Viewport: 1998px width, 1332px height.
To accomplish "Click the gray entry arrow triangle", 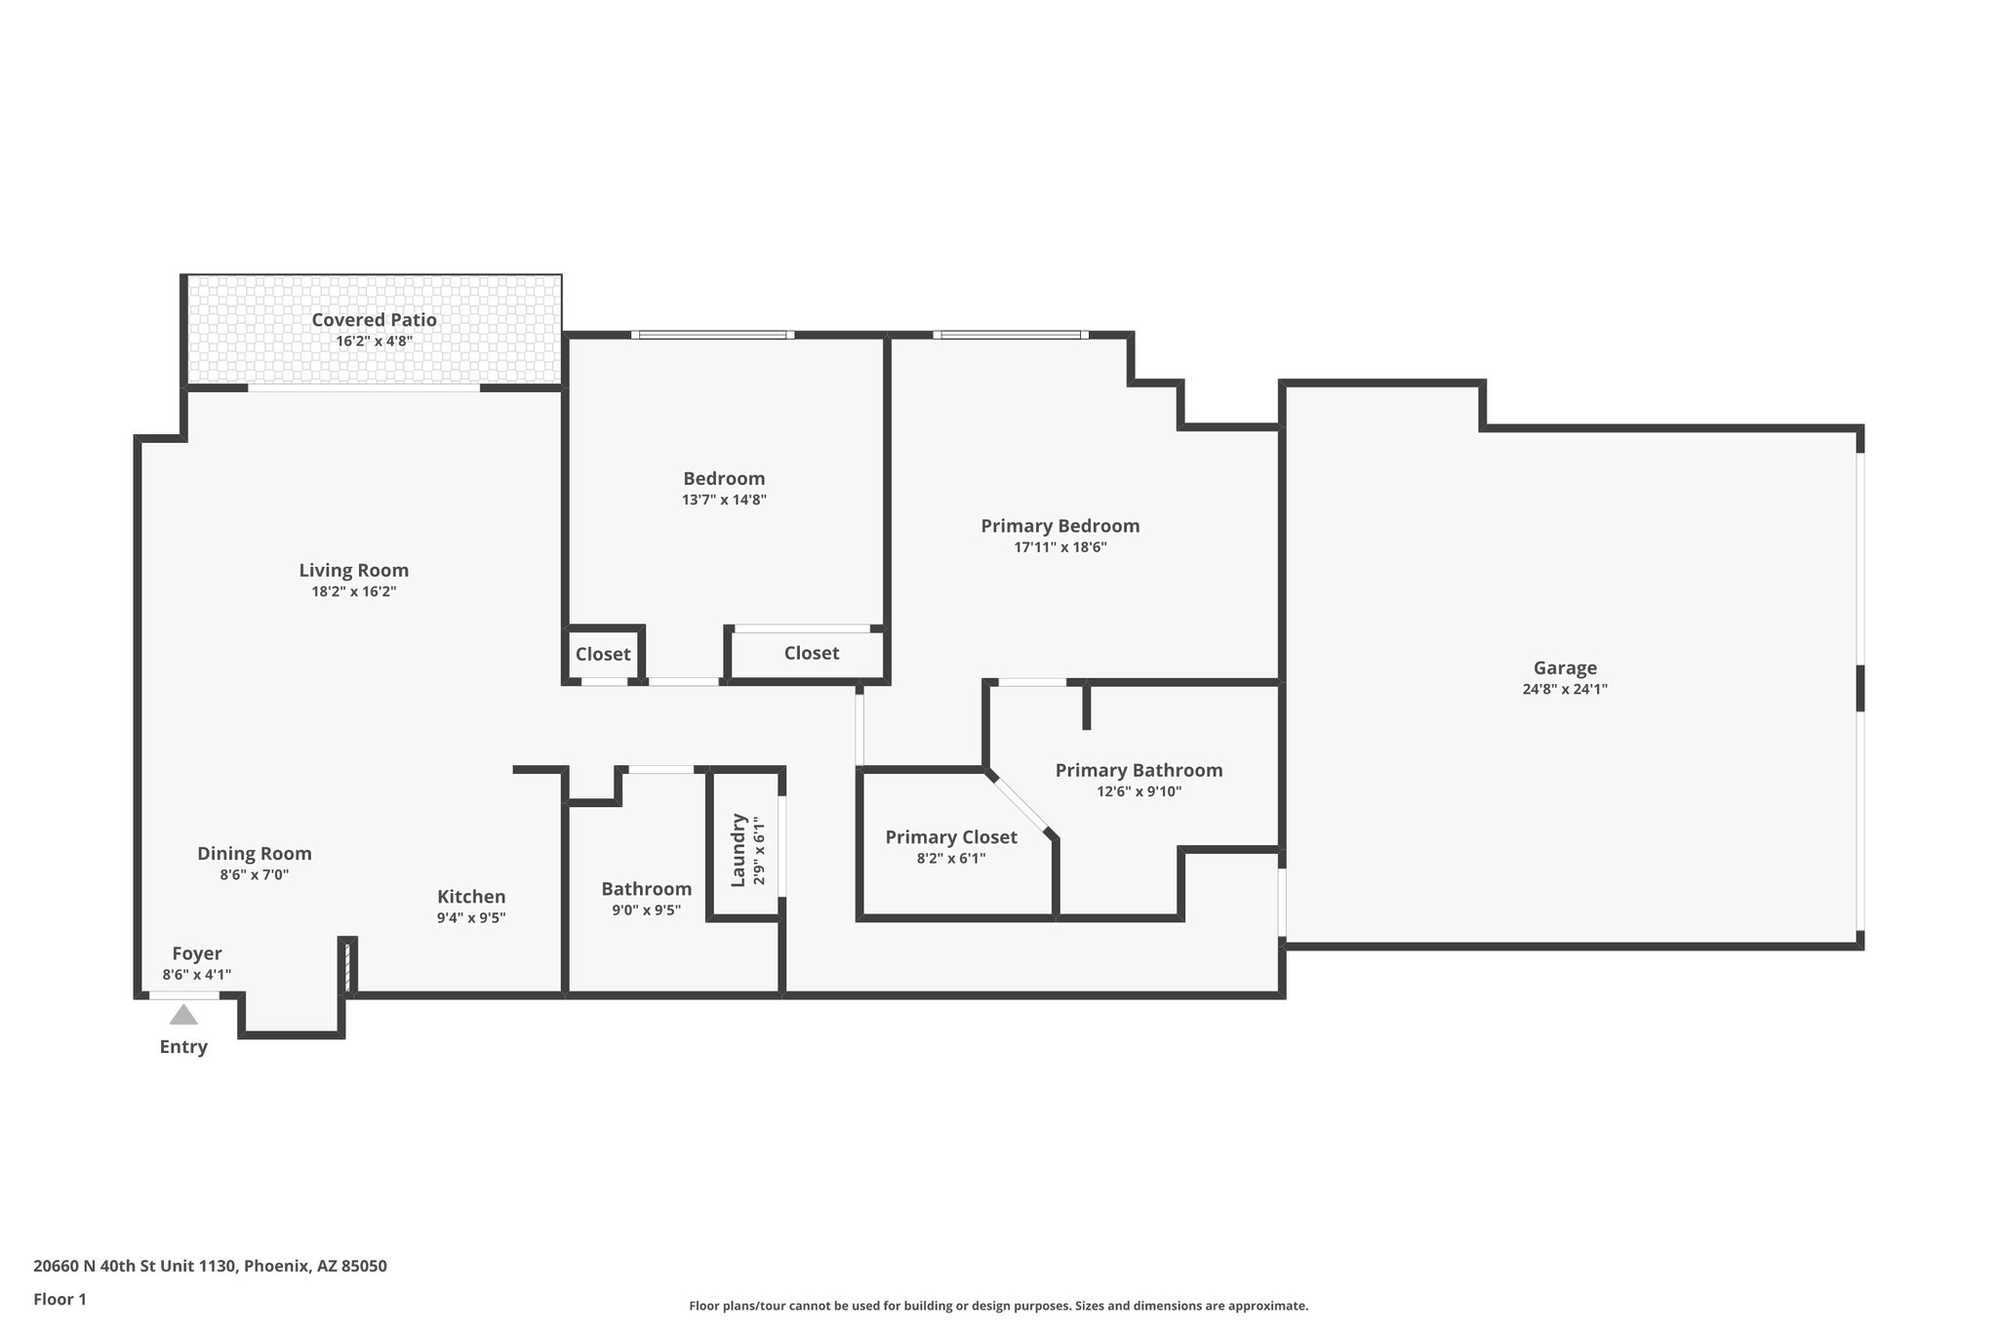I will coord(183,1016).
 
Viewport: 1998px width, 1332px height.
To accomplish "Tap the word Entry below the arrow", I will coord(183,1047).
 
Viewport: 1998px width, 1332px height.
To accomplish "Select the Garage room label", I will coord(1565,667).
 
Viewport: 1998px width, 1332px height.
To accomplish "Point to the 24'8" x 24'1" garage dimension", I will coord(1565,689).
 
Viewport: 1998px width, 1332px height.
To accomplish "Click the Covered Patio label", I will coord(374,319).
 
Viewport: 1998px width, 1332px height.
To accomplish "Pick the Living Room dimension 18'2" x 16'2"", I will coord(353,591).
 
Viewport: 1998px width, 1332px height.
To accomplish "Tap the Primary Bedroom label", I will coord(1059,526).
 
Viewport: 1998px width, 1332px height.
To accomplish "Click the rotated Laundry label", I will coord(739,850).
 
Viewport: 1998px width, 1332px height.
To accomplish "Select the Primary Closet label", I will coord(950,837).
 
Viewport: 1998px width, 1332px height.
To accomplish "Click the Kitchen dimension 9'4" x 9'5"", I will coord(471,917).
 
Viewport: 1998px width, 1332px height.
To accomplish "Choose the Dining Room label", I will coord(254,853).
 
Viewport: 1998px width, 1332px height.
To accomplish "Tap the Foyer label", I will coord(197,953).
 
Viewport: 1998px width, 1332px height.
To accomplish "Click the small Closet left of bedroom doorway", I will coord(602,654).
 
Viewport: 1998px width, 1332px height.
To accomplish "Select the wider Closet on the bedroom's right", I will coord(811,653).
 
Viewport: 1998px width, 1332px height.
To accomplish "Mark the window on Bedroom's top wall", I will coord(712,335).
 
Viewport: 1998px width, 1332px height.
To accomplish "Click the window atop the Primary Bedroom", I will coord(1011,335).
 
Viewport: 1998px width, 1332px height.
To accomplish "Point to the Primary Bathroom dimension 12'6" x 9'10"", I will coord(1139,791).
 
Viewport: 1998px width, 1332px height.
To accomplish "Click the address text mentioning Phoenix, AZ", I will coord(210,1266).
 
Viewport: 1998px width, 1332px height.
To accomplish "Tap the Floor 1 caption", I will coord(60,1299).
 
